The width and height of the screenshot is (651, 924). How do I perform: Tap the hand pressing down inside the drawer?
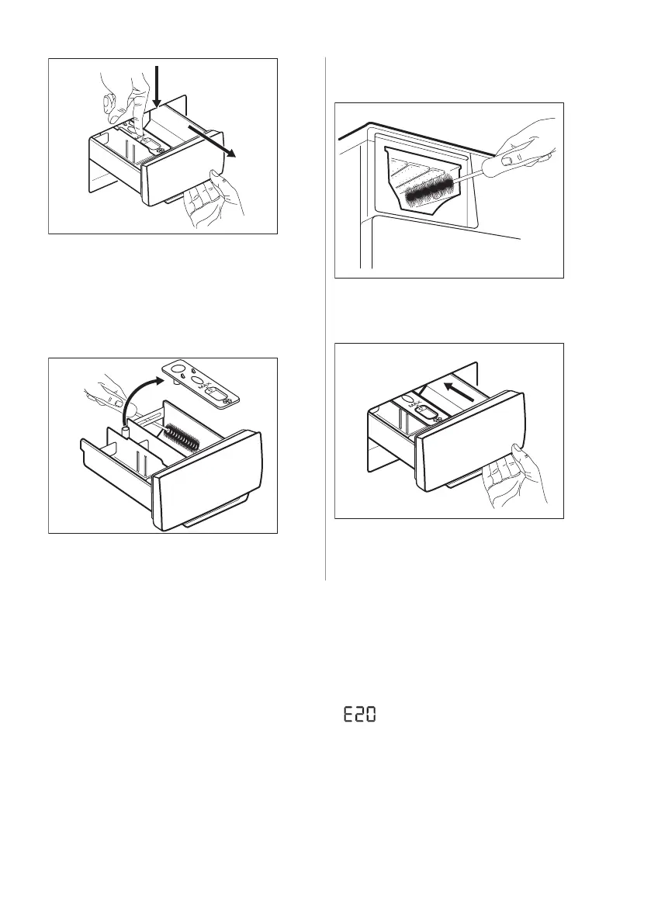(124, 100)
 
